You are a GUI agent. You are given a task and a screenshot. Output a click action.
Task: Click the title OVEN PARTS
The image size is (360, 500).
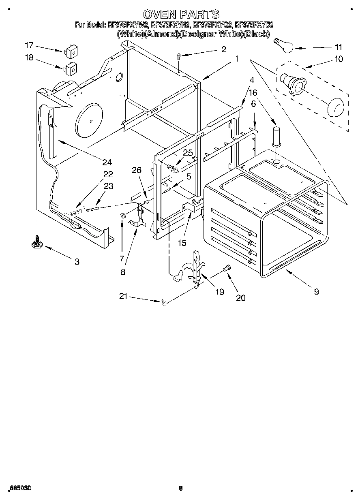[181, 15]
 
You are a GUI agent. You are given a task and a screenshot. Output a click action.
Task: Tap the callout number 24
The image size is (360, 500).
[106, 163]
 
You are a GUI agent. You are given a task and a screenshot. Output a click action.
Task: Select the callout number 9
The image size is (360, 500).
[316, 291]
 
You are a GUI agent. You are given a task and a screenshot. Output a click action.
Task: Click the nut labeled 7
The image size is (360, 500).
[122, 214]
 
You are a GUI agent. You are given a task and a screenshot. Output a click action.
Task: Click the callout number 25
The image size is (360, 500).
[187, 153]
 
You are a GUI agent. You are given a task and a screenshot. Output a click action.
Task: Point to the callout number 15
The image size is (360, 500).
[182, 243]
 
